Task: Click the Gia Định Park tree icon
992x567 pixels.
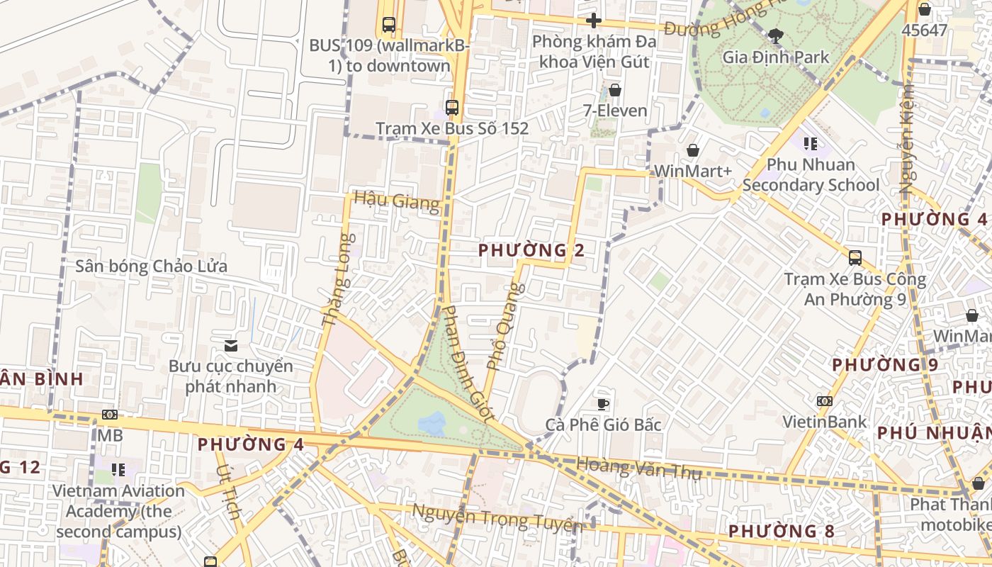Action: point(776,35)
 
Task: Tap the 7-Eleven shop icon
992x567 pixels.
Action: point(614,90)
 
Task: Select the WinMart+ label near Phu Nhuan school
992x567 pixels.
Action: point(692,171)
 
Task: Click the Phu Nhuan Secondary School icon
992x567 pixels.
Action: point(811,144)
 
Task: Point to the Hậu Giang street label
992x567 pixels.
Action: point(397,201)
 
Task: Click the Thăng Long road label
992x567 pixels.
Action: point(337,280)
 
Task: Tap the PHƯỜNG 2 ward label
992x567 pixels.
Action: point(531,250)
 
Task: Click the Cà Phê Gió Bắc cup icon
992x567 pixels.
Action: point(602,404)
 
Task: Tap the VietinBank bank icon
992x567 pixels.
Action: point(824,401)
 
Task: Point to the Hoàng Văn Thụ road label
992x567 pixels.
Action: point(638,468)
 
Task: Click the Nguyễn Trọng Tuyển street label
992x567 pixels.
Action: point(497,518)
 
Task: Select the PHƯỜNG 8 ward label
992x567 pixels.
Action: point(781,531)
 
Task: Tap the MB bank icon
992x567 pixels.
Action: point(109,415)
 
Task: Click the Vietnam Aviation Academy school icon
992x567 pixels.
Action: point(118,469)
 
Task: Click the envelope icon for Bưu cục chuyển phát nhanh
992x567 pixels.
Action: point(230,346)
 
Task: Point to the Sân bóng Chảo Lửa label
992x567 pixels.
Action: point(151,266)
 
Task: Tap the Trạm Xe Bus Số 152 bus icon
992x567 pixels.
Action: point(451,108)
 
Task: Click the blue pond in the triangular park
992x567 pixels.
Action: point(432,424)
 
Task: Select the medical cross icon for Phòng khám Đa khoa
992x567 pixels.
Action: point(594,21)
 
